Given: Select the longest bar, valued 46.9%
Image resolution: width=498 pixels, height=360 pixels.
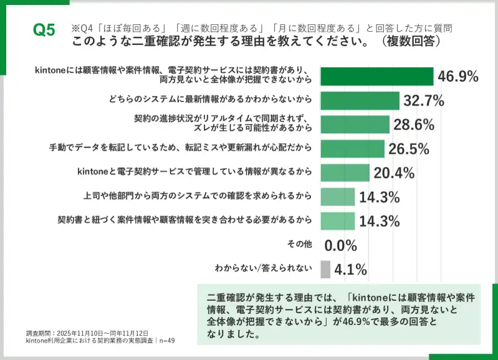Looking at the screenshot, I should point(376,76).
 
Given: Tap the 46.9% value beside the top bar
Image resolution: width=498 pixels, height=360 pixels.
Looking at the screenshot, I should point(458,77).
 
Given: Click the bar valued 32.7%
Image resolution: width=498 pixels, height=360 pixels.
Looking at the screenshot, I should point(360,100).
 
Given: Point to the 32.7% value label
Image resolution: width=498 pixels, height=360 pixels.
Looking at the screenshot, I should point(424,100).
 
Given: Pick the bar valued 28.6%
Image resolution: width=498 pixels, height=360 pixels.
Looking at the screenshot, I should point(355,125).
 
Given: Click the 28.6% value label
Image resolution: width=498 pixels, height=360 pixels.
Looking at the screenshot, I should point(414,125).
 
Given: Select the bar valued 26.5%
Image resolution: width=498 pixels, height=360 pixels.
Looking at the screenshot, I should point(352,148).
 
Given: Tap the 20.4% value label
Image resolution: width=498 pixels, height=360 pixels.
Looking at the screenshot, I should point(394,173).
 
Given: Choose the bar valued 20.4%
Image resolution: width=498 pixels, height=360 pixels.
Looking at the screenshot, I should point(346,173).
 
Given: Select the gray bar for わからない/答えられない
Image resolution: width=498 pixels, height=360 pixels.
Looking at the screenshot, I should point(325,269).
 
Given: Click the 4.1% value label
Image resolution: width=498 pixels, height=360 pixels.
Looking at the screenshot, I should point(350,270).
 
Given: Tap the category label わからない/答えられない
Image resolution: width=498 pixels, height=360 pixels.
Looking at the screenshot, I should point(263,269).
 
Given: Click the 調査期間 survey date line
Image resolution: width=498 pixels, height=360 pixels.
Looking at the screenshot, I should point(87,333).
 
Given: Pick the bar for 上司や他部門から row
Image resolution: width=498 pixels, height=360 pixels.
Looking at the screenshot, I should point(337,197).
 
